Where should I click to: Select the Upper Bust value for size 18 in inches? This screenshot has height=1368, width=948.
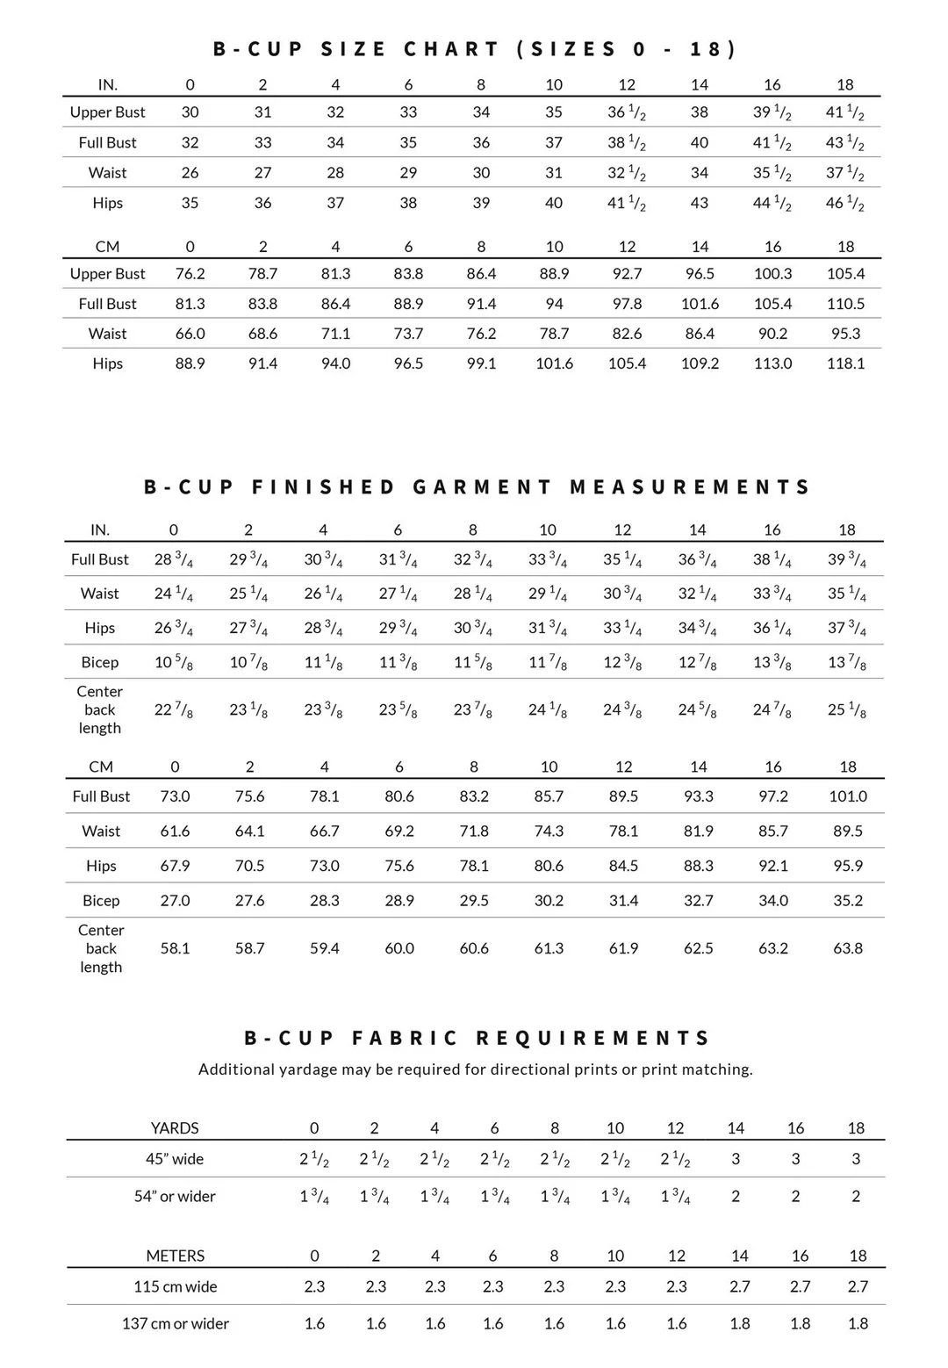pyautogui.click(x=844, y=112)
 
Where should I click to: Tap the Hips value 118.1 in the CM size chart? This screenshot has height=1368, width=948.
pyautogui.click(x=845, y=364)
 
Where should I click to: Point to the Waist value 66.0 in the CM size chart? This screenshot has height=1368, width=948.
pyautogui.click(x=190, y=334)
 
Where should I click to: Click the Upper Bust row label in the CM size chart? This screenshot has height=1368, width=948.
pyautogui.click(x=107, y=274)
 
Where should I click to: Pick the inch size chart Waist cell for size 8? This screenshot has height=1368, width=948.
pyautogui.click(x=481, y=173)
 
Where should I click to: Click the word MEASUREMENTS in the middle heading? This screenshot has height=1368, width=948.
pyautogui.click(x=690, y=487)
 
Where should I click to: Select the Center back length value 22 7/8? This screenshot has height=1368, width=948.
pyautogui.click(x=174, y=709)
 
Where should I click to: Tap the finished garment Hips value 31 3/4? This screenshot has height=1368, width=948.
pyautogui.click(x=548, y=629)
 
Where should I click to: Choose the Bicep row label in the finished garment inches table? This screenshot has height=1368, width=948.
pyautogui.click(x=100, y=663)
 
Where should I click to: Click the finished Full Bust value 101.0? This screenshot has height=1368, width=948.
pyautogui.click(x=848, y=796)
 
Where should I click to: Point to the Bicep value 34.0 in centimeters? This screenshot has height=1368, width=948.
pyautogui.click(x=773, y=901)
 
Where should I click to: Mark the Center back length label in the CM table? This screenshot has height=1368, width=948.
pyautogui.click(x=101, y=948)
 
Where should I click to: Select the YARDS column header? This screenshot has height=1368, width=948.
pyautogui.click(x=175, y=1128)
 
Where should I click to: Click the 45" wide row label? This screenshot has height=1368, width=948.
pyautogui.click(x=175, y=1159)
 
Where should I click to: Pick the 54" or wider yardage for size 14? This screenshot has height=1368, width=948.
pyautogui.click(x=736, y=1196)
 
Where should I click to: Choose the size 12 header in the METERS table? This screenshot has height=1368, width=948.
pyautogui.click(x=676, y=1256)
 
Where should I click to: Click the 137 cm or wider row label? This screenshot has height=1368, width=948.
pyautogui.click(x=176, y=1323)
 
